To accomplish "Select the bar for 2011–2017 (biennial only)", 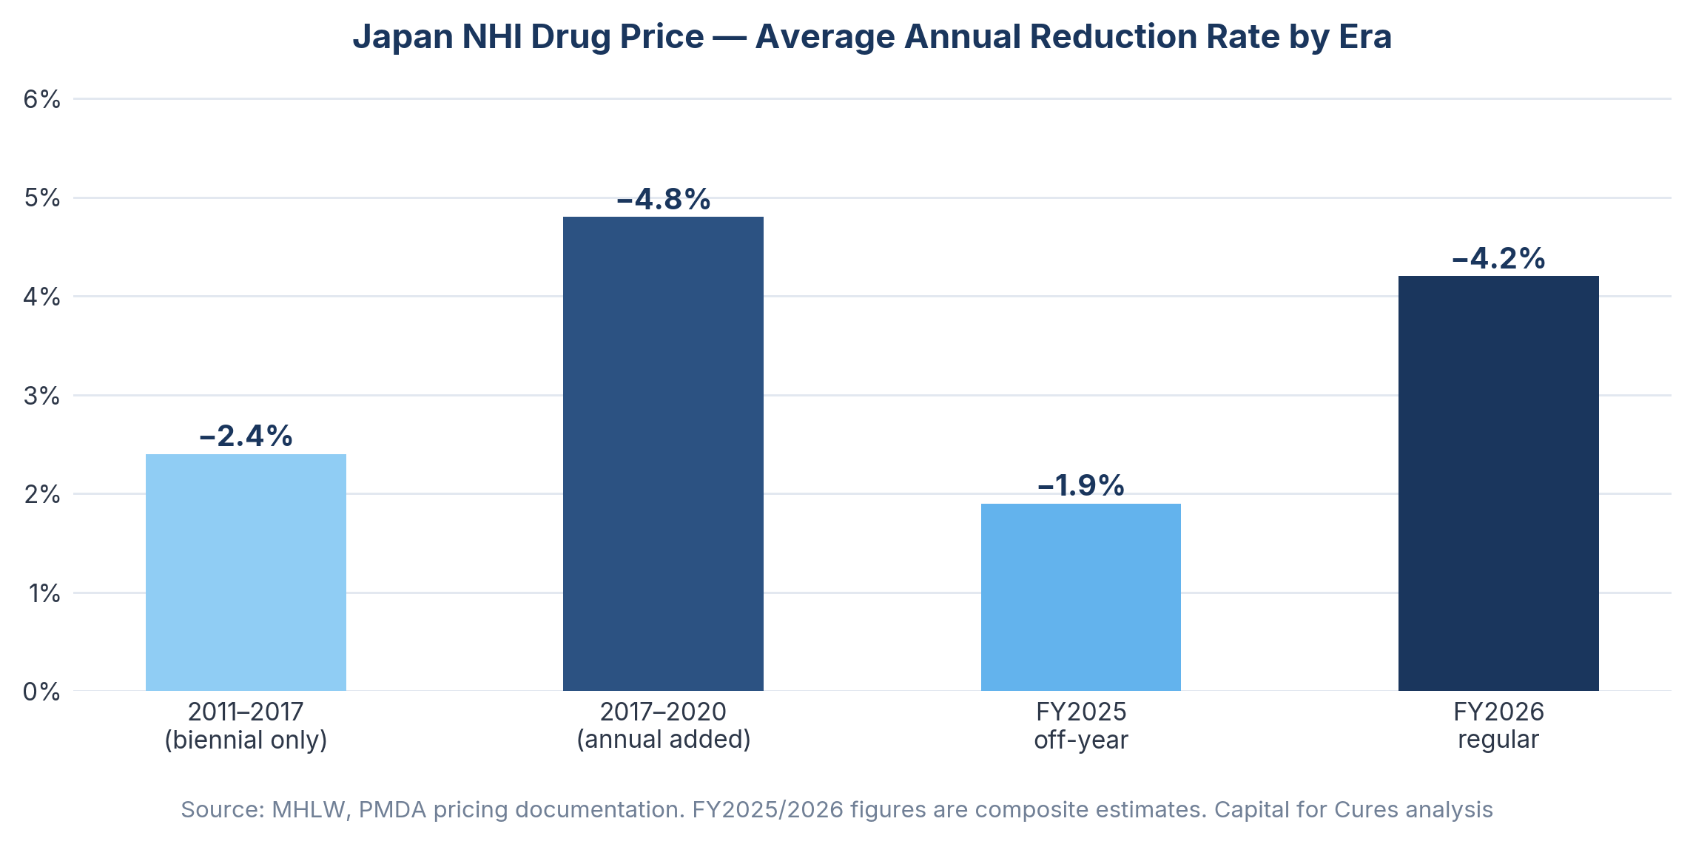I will click(x=246, y=573).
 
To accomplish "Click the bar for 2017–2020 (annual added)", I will click(x=663, y=453).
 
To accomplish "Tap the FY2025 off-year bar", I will click(x=1080, y=597).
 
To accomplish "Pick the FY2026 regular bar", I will click(x=1498, y=483).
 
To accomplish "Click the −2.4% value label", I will click(x=246, y=436).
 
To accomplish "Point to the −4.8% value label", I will click(x=663, y=200).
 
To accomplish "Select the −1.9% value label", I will click(x=1080, y=486).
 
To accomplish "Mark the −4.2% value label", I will click(x=1498, y=259).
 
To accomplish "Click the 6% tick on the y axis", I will click(x=42, y=99).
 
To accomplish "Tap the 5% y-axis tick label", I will click(x=42, y=198).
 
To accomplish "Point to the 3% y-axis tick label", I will click(x=42, y=396).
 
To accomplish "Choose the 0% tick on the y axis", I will click(x=42, y=692).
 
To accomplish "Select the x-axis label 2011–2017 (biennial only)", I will click(x=246, y=726).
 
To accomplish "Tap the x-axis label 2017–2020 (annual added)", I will click(x=663, y=726).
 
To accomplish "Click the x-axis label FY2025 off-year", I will click(x=1080, y=726).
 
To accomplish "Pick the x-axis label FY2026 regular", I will click(x=1498, y=726).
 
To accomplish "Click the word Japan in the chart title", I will click(x=402, y=37).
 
